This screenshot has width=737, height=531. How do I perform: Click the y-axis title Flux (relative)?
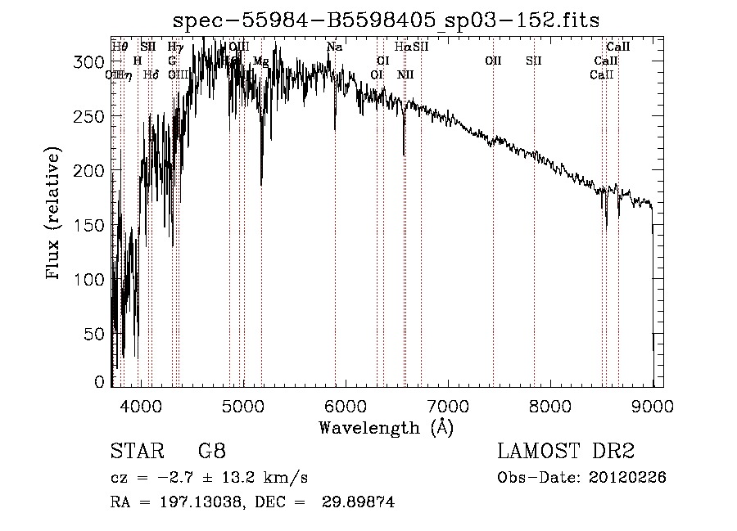(55, 215)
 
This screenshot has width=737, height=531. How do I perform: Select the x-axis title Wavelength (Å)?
(386, 427)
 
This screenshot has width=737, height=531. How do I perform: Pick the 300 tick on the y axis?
(92, 62)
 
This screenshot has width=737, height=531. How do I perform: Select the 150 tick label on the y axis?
(92, 225)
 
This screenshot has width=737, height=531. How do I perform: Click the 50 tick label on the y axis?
(96, 334)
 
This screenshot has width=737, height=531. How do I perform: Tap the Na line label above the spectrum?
(334, 47)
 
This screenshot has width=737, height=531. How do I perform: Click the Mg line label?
(260, 61)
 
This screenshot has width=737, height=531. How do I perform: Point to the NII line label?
(405, 75)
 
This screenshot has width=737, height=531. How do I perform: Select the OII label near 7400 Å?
(493, 61)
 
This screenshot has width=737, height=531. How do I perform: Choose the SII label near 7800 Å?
(534, 61)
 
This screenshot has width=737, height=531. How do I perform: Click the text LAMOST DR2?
(565, 452)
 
